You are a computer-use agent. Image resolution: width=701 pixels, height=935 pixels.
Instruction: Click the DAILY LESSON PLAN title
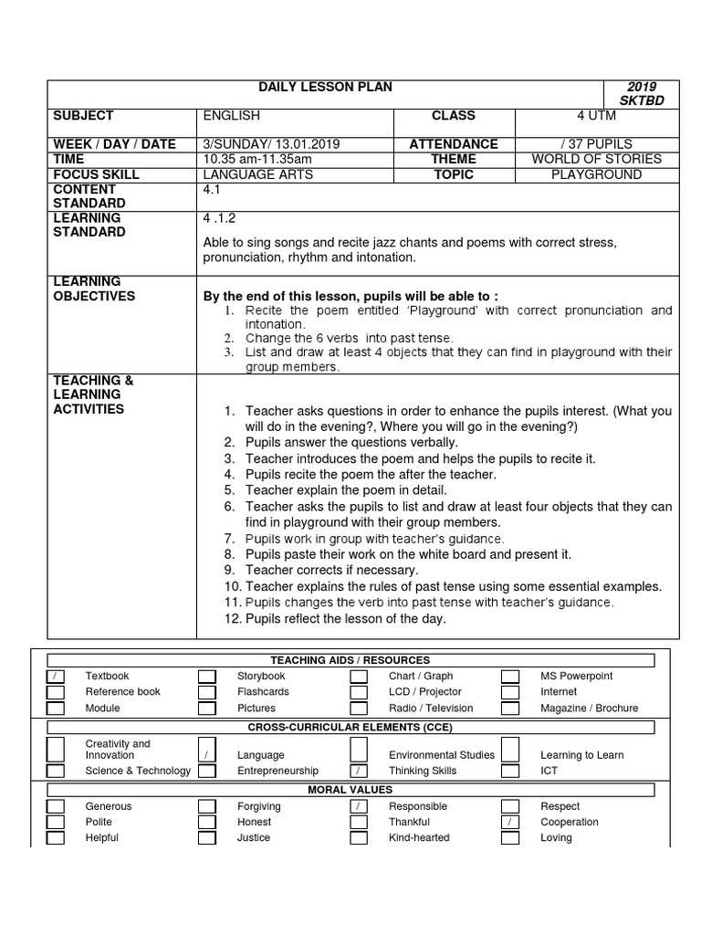coord(326,88)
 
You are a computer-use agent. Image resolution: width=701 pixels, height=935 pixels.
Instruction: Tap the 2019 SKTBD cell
coord(642,93)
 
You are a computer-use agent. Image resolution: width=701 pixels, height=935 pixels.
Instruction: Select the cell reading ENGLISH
coord(231,116)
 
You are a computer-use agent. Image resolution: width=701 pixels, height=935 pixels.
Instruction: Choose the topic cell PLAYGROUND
coord(597,174)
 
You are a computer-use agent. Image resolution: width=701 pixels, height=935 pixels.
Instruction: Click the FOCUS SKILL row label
coord(96,174)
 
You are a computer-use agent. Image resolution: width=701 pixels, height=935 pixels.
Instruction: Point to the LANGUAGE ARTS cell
coord(257,174)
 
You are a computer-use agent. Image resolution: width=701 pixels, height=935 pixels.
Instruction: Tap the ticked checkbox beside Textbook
coord(56,677)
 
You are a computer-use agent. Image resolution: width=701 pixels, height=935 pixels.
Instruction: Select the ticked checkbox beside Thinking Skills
coord(360,771)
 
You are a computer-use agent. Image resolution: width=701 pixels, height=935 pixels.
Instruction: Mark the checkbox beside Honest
coord(207,822)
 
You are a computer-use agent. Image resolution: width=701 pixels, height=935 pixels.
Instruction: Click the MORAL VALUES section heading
coord(350,789)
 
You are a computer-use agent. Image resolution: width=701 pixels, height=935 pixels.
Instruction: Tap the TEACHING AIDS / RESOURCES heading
coord(350,660)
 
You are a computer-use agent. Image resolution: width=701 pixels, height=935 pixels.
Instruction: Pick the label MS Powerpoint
coord(576,677)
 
